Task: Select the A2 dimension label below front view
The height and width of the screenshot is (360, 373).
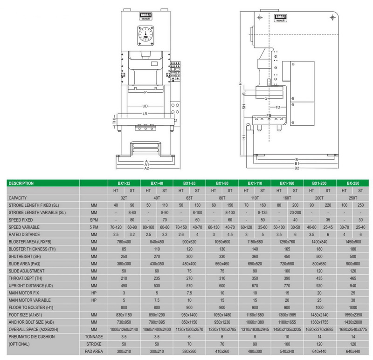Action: (146, 169)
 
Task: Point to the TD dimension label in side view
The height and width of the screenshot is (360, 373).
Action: (278, 108)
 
